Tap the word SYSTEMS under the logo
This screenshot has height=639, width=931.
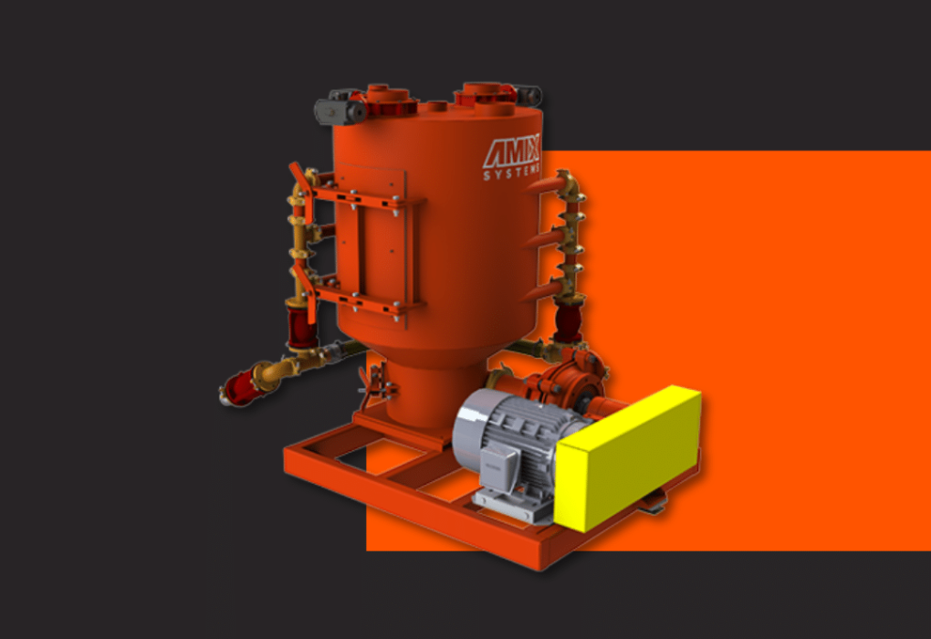511,173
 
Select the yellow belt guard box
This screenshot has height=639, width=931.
628,458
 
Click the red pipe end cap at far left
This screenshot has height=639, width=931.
239,390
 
